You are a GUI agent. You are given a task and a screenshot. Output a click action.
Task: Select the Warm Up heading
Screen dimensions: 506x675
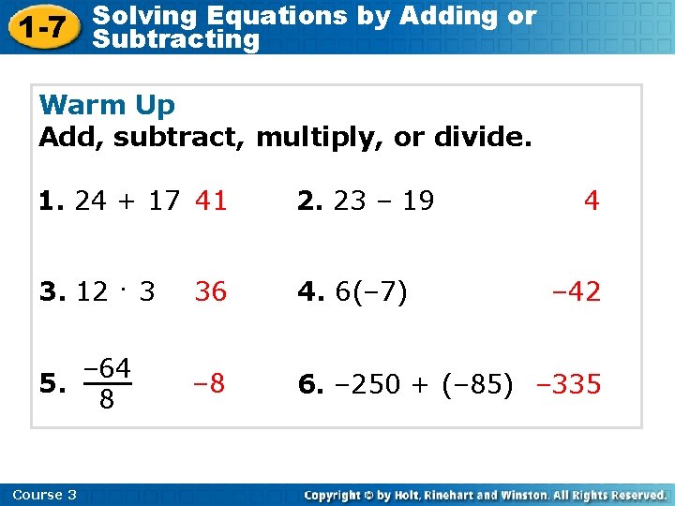[x=107, y=104]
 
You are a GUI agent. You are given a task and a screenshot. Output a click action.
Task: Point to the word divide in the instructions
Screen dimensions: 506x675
[x=482, y=138]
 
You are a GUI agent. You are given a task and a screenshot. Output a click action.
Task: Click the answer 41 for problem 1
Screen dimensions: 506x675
[x=211, y=201]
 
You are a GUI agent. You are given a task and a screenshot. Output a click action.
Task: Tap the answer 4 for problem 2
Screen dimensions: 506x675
[x=591, y=201]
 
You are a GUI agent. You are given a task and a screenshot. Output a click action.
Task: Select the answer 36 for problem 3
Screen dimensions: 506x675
[x=211, y=291]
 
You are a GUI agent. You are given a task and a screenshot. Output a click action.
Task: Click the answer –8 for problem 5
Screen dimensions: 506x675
[x=208, y=383]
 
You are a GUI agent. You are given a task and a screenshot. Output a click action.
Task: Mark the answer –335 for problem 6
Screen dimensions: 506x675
[x=568, y=384]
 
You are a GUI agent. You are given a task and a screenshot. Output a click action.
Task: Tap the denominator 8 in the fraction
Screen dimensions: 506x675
[x=107, y=400]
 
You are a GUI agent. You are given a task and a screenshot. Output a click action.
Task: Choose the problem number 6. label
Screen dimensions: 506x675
[x=307, y=384]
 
